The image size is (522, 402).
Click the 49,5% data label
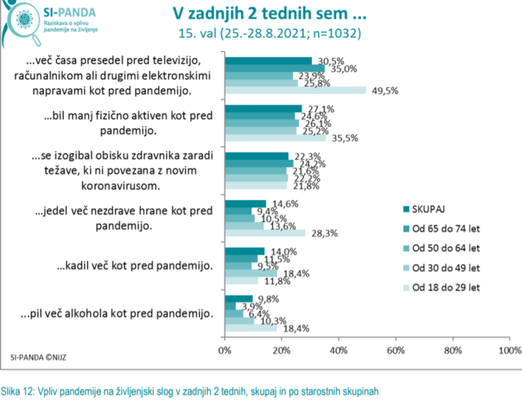pyautogui.click(x=381, y=91)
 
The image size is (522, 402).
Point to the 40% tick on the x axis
pyautogui.click(x=338, y=351)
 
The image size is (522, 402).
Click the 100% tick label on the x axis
pyautogui.click(x=509, y=351)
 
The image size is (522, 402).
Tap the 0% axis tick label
pyautogui.click(x=225, y=351)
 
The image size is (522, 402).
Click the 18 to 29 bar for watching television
pyautogui.click(x=295, y=91)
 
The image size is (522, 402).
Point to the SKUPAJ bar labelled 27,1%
pyautogui.click(x=263, y=108)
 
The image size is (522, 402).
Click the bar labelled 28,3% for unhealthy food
pyautogui.click(x=265, y=233)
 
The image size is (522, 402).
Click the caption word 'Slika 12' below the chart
pyautogui.click(x=17, y=390)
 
